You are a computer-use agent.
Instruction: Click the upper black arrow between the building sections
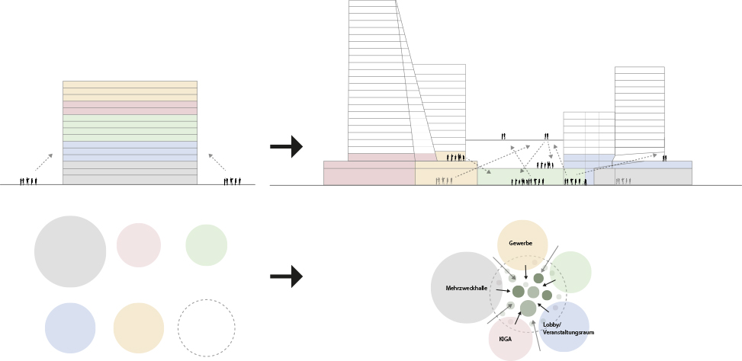point(286,147)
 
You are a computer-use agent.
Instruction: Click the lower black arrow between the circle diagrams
point(286,276)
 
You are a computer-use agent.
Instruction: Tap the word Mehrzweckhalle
point(466,288)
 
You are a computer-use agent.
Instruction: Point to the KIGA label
point(505,338)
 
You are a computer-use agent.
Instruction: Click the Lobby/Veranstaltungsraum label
point(568,328)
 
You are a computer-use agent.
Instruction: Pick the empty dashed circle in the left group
point(206,328)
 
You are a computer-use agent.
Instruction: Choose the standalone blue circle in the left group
point(70,328)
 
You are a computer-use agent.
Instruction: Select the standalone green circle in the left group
point(206,245)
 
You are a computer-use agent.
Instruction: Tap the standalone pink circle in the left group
point(139,245)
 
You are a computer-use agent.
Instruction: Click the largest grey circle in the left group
point(70,251)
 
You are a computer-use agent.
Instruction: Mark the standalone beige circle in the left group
point(139,328)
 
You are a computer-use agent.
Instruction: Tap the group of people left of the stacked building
point(28,181)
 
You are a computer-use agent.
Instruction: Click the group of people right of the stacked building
point(233,181)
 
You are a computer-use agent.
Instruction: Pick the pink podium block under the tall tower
point(369,174)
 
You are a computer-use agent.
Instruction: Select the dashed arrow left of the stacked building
point(43,161)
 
